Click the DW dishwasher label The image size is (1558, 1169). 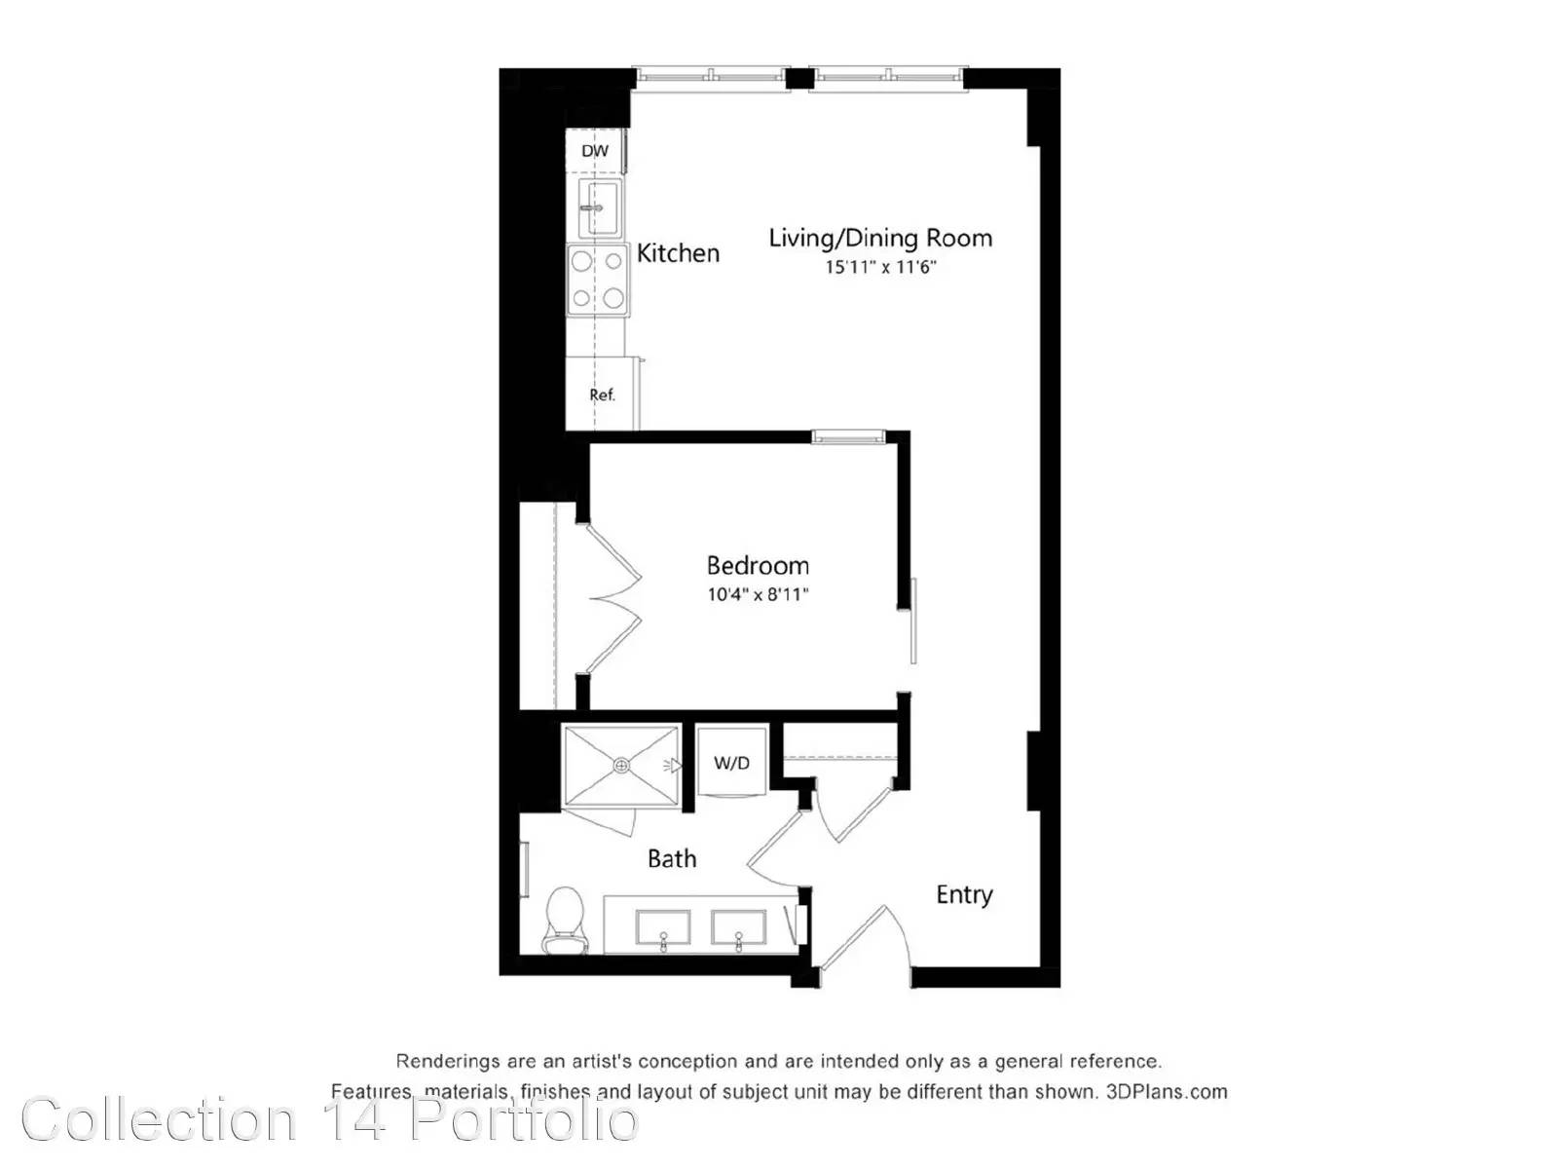click(x=595, y=151)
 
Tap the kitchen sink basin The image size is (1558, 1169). click(x=600, y=207)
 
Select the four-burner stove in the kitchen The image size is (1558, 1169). click(x=597, y=280)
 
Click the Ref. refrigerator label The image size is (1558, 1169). click(x=602, y=395)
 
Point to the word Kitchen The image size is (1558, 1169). click(x=678, y=252)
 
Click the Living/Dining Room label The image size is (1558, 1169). click(x=880, y=238)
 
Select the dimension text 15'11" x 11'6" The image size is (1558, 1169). click(x=880, y=268)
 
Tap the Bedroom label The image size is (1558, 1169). click(x=758, y=566)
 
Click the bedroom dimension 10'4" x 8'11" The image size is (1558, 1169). click(x=758, y=594)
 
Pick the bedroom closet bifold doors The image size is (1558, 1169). click(x=614, y=597)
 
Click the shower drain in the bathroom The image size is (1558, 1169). click(x=622, y=765)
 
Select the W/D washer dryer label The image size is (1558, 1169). click(x=731, y=763)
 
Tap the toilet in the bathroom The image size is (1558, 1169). click(x=566, y=920)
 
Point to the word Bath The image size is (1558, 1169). click(x=672, y=859)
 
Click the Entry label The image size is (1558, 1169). click(x=964, y=895)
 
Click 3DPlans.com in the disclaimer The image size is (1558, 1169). click(x=1167, y=1092)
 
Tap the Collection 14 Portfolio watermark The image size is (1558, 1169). click(x=330, y=1121)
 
